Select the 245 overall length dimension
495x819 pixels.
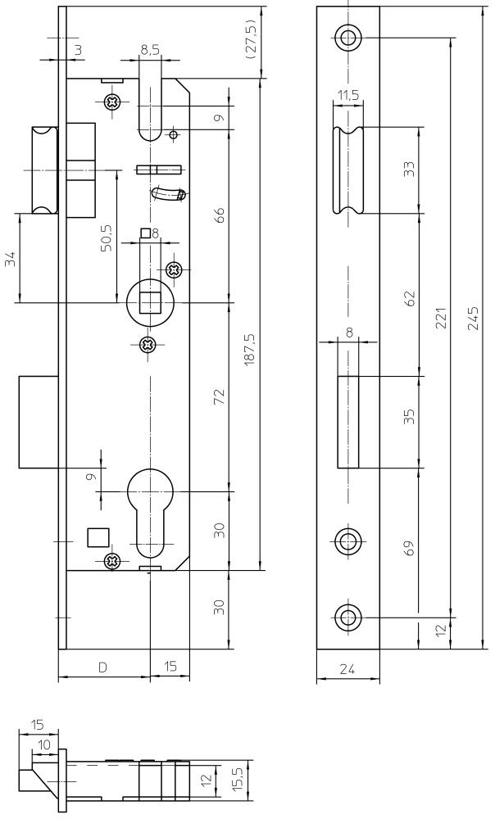click(x=473, y=318)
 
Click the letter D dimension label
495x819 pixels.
click(x=103, y=667)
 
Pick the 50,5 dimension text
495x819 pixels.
click(x=106, y=238)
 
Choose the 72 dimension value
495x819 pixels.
click(x=220, y=396)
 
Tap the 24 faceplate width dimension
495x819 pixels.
click(x=347, y=668)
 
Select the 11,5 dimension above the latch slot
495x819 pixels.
click(x=347, y=95)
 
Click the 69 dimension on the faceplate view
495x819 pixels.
click(x=410, y=547)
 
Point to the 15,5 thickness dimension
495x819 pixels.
click(x=238, y=779)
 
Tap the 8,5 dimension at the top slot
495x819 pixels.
click(x=150, y=50)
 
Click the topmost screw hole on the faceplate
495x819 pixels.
click(x=347, y=37)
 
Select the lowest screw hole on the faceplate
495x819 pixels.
click(x=347, y=618)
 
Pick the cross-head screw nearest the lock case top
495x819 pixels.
click(x=112, y=102)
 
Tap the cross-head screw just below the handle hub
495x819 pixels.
click(x=148, y=344)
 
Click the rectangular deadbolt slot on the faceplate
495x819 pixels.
click(x=348, y=422)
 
